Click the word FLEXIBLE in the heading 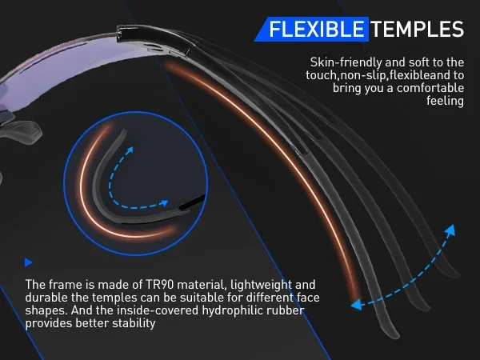click(317, 30)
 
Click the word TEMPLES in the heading click(418, 30)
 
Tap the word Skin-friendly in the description click(346, 62)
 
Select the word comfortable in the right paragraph click(430, 88)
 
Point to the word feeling click(446, 101)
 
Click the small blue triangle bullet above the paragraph click(28, 262)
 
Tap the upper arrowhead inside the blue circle click(130, 150)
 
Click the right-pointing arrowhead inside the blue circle click(164, 203)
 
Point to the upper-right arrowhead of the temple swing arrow click(450, 230)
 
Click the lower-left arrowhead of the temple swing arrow click(357, 305)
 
